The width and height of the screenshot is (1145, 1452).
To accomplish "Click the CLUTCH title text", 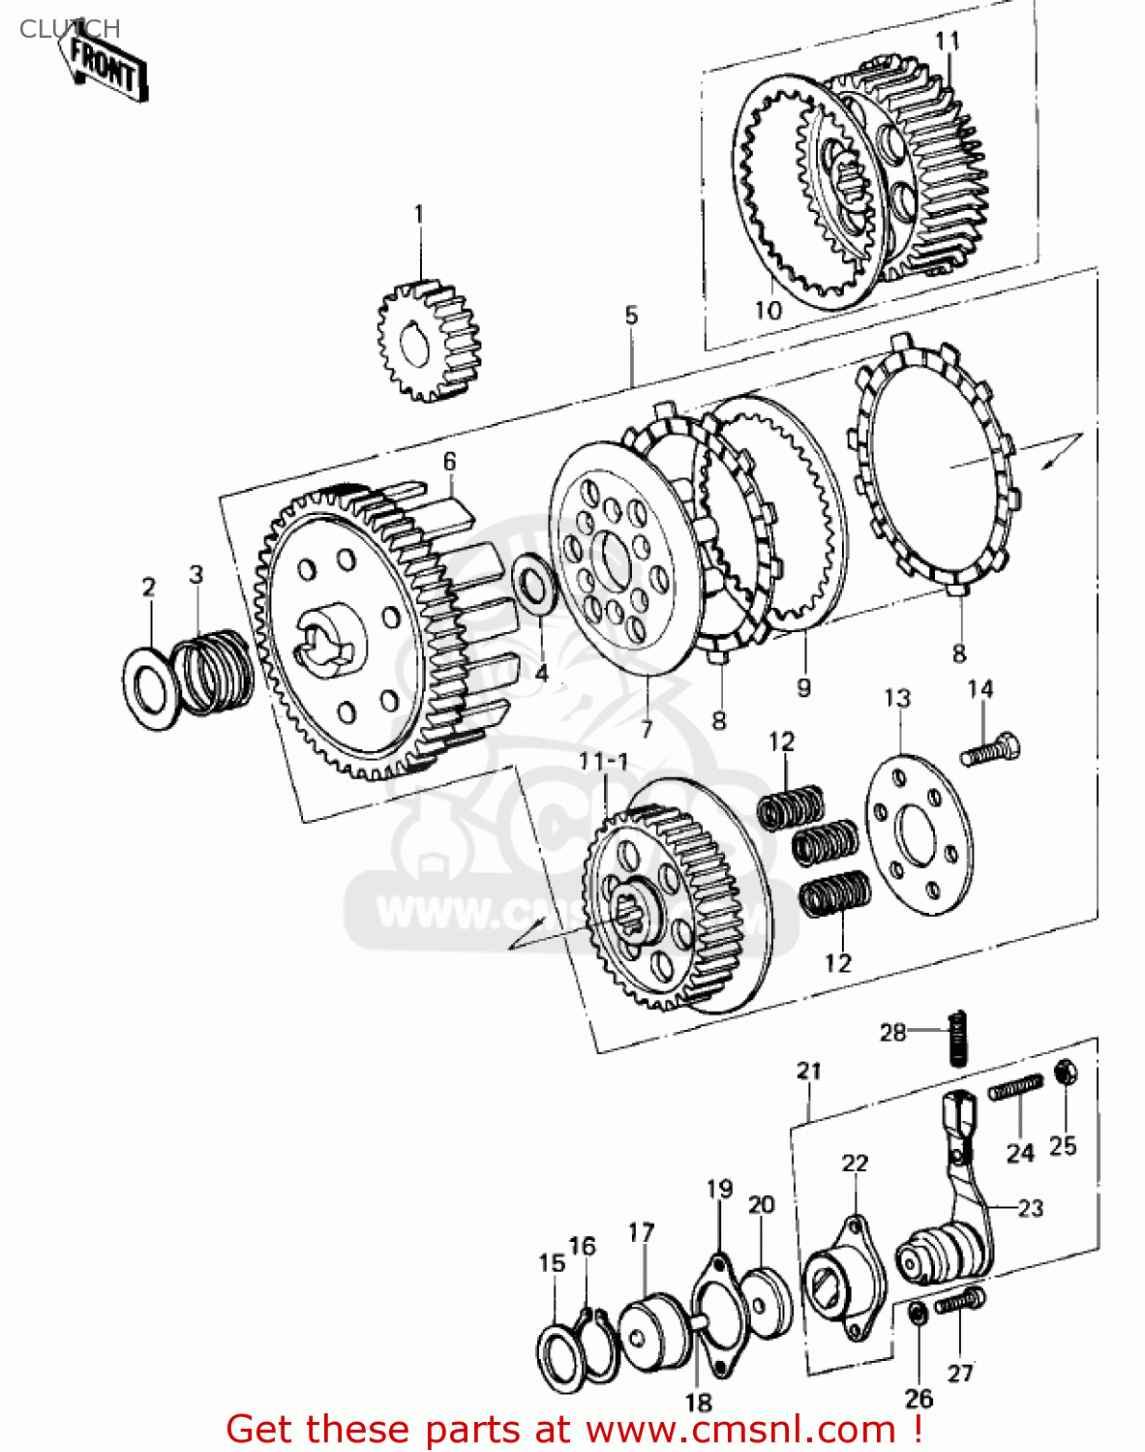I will tap(70, 29).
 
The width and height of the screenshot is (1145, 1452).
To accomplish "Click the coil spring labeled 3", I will tap(214, 671).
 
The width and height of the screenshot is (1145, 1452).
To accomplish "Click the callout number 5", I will tap(631, 315).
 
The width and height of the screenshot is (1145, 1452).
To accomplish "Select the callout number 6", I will tap(449, 462).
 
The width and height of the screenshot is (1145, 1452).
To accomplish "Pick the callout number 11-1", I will tap(604, 762).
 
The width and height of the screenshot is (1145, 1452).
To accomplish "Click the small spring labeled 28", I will tap(957, 1038).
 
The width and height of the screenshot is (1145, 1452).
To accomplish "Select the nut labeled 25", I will tap(1065, 1073).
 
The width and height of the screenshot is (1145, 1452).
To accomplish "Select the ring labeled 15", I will tap(559, 1353).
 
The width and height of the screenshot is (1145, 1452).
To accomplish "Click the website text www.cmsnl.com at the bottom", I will tap(740, 1429).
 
